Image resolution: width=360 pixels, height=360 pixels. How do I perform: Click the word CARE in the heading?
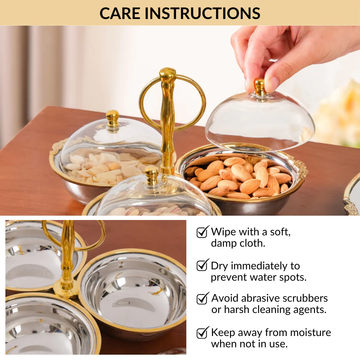click(120, 13)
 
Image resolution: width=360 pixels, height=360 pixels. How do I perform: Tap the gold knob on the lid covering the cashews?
click(113, 118)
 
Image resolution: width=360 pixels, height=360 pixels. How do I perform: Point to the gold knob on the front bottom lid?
click(152, 175)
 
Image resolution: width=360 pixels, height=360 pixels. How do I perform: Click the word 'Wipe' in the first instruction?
click(223, 232)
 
